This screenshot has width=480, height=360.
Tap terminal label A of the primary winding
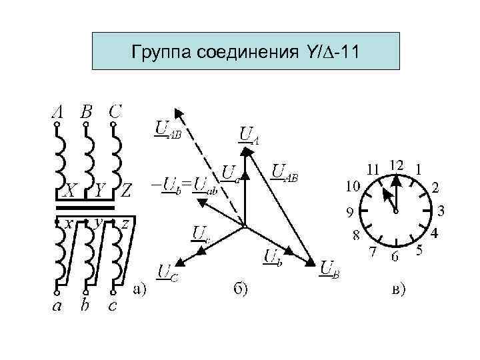point(57,111)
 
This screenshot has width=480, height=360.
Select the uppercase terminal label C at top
point(115,111)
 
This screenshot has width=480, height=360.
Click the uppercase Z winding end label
point(126,191)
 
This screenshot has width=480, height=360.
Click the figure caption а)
point(139,288)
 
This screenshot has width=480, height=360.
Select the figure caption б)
point(240,288)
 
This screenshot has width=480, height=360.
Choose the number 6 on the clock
point(395,255)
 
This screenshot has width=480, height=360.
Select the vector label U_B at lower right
point(331,269)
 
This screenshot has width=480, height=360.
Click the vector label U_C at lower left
point(166,272)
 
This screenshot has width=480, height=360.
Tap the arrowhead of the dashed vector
point(177,113)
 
